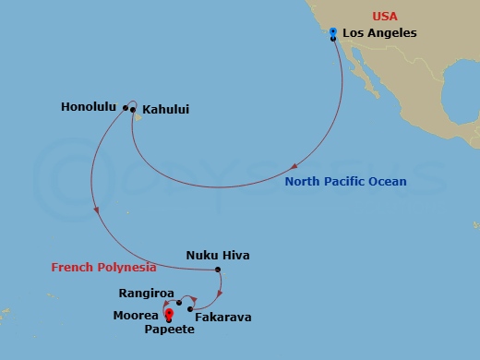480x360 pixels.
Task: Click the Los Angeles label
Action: click(x=379, y=33)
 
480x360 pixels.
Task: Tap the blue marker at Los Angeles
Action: click(x=332, y=32)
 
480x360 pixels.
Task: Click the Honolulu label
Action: click(x=89, y=107)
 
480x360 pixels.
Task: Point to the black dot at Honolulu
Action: click(x=125, y=107)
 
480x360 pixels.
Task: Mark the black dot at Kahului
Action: click(x=136, y=116)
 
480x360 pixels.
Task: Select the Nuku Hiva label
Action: click(x=218, y=255)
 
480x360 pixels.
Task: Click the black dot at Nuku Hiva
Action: click(x=218, y=270)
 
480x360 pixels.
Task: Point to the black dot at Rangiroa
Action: click(x=179, y=302)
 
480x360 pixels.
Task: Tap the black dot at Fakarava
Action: click(x=189, y=308)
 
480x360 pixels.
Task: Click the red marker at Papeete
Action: click(x=168, y=314)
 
